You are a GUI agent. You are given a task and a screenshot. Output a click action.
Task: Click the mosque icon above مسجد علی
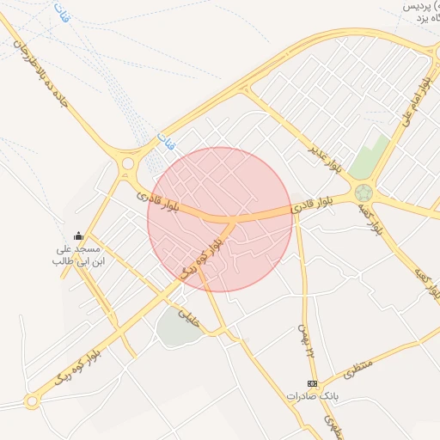(78, 236)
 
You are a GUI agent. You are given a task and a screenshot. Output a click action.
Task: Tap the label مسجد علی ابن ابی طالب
(78, 254)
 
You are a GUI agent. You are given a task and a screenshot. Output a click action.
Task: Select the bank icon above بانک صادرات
(312, 383)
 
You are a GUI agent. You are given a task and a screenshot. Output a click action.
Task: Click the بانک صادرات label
(310, 397)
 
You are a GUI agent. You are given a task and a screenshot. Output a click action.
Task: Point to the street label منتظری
(360, 370)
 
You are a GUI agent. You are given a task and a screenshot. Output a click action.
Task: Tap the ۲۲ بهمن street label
(302, 339)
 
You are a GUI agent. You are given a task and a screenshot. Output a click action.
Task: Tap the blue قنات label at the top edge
(60, 13)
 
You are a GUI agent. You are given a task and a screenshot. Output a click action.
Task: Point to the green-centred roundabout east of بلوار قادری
(364, 193)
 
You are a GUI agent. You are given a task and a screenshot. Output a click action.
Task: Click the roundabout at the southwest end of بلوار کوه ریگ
(33, 400)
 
